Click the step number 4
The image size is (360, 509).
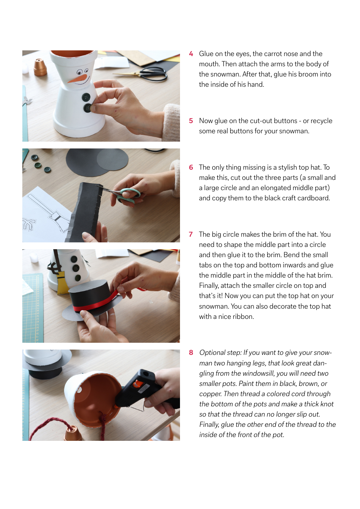(x=191, y=54)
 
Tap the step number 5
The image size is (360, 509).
(x=191, y=121)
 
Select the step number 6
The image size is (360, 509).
(x=191, y=167)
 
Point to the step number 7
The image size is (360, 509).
(x=191, y=234)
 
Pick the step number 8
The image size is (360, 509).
(x=191, y=353)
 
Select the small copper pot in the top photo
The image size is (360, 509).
(x=40, y=67)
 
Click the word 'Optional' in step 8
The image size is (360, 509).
(x=212, y=353)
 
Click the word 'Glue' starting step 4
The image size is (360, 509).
(x=206, y=54)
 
